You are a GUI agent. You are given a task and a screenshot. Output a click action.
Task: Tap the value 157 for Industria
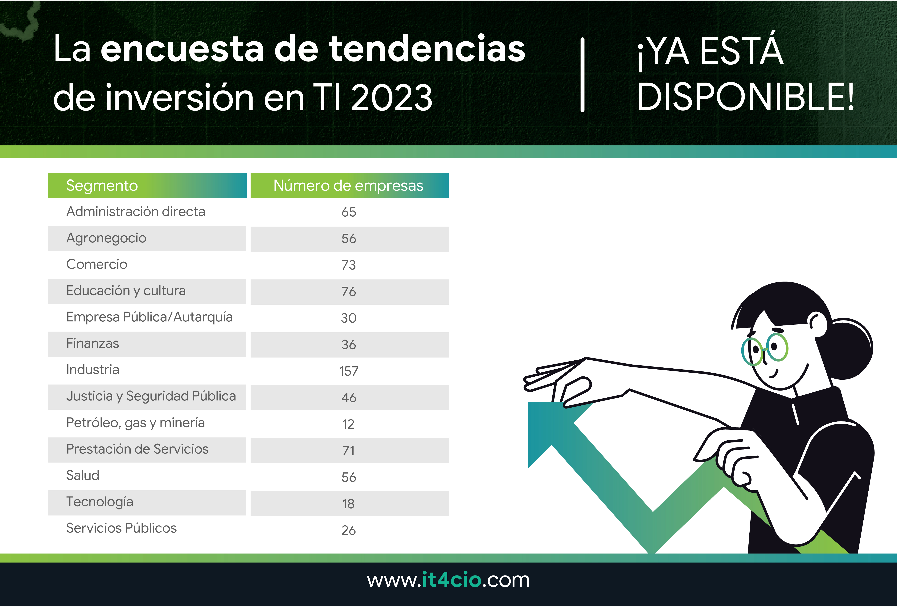349,371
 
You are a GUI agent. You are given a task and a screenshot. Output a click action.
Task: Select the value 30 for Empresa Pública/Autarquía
349,318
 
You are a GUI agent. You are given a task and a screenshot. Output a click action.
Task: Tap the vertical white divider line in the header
582,75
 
